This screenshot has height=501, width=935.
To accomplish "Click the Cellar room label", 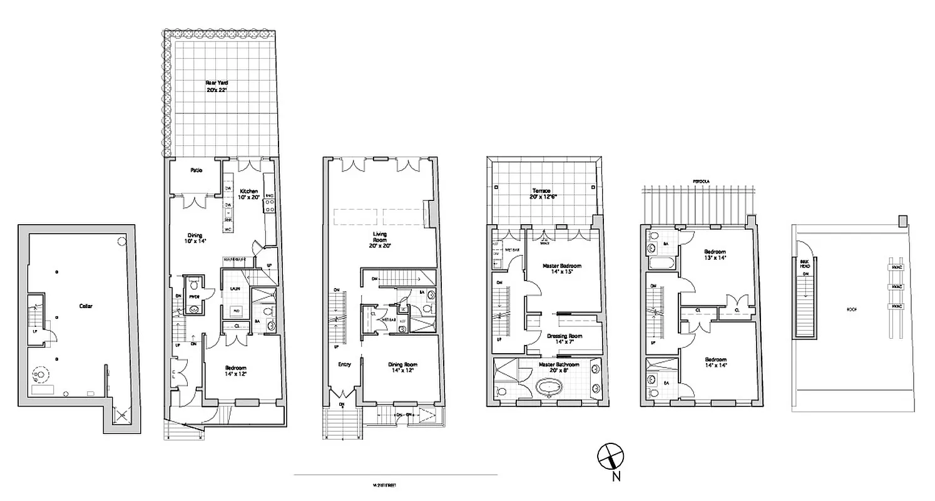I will [86, 306].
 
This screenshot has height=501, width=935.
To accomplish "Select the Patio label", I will [196, 170].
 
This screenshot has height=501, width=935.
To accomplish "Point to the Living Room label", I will [381, 238].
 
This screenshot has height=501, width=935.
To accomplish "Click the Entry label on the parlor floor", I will [344, 364].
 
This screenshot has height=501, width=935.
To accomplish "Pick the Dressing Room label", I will [564, 339].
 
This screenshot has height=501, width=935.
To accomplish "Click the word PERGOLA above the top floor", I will [701, 181].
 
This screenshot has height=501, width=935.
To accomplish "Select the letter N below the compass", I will [616, 478].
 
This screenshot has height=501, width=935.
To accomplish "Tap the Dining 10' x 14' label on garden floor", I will [195, 238].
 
